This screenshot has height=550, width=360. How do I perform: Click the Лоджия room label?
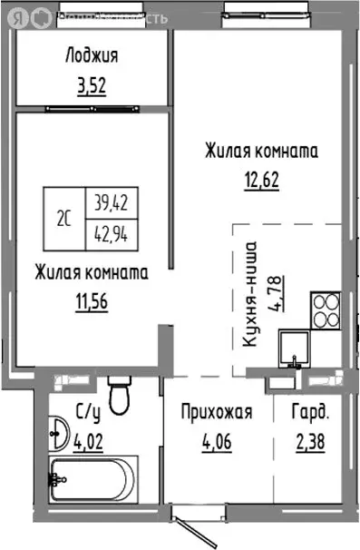pos(92,56)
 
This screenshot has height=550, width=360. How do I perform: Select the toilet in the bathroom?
pos(119,393)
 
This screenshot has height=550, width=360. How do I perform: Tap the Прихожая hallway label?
pos(215,413)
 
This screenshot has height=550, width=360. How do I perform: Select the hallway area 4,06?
pos(215,444)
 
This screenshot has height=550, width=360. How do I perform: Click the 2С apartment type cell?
pos(65,219)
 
